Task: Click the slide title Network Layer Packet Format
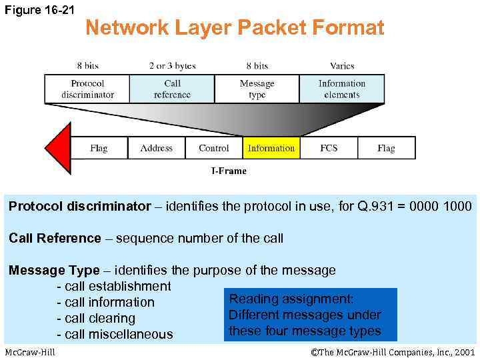(235, 27)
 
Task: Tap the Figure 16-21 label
(40, 9)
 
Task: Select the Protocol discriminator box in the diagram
(87, 89)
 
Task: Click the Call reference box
(172, 89)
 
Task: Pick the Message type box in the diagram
(257, 89)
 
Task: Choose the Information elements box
(341, 89)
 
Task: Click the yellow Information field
(271, 148)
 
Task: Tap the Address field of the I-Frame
(157, 148)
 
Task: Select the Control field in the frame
(214, 148)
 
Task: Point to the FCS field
(329, 148)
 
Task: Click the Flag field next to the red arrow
(99, 148)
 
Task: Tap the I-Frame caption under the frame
(229, 171)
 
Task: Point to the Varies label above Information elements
(341, 65)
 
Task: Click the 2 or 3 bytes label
(172, 65)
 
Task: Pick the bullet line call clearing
(100, 318)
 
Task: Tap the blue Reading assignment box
(310, 315)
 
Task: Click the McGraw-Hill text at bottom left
(30, 352)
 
